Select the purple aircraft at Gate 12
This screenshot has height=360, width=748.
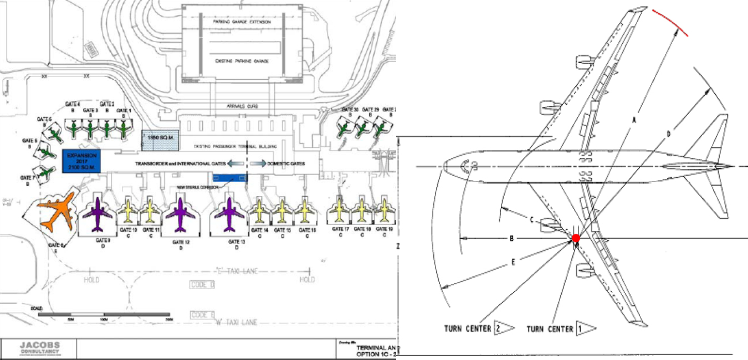click(x=181, y=214)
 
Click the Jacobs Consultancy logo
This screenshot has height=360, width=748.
click(x=40, y=348)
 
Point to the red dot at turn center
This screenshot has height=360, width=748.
click(x=576, y=238)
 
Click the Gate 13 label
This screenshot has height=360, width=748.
click(x=237, y=242)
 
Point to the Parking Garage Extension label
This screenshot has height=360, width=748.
click(x=242, y=22)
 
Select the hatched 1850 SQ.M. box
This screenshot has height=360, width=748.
click(x=160, y=141)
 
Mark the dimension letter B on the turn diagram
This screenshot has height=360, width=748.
click(x=511, y=239)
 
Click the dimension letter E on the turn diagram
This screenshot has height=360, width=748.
click(x=513, y=261)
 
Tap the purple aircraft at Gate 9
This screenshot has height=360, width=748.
click(x=98, y=214)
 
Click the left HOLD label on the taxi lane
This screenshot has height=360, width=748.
click(x=91, y=280)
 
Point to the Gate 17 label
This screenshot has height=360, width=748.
click(x=340, y=229)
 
